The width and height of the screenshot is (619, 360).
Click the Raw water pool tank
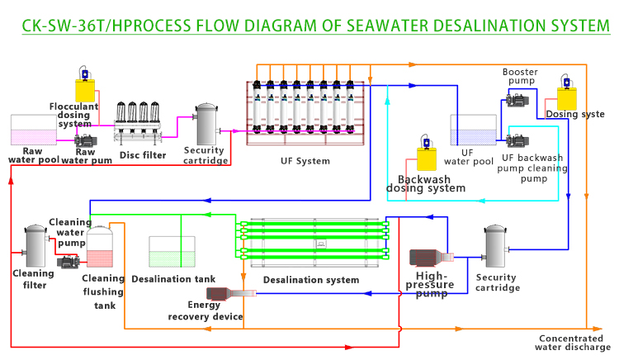point(32,130)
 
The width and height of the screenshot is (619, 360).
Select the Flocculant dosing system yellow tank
point(84,88)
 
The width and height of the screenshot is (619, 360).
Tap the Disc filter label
point(143,154)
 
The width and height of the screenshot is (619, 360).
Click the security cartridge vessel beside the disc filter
point(206,126)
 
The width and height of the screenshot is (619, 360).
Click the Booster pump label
point(520,77)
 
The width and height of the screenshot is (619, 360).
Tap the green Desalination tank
point(172,252)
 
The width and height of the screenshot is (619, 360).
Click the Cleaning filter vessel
point(34,244)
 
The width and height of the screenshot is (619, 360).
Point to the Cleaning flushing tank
point(99,248)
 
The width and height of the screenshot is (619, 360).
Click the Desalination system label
point(311,280)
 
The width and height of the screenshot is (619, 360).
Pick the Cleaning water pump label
point(69,232)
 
